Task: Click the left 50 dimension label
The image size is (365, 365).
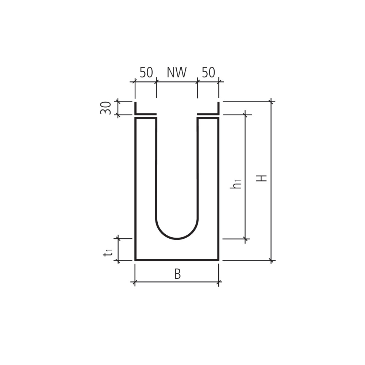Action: tap(146, 73)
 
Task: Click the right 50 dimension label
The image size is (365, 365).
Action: tap(208, 73)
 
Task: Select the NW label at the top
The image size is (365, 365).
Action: tap(177, 73)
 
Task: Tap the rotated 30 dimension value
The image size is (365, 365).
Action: tap(106, 108)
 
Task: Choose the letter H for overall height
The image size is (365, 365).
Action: tap(262, 178)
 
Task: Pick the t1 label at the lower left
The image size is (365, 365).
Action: tap(107, 252)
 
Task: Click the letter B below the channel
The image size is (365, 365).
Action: tap(177, 274)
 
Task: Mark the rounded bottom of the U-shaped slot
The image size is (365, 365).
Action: tap(177, 239)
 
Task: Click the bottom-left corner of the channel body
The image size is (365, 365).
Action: tap(135, 260)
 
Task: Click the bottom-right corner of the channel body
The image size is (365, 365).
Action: tap(218, 260)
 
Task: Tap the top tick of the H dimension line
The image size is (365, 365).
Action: tap(271, 101)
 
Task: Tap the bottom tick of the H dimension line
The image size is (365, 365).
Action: tap(271, 260)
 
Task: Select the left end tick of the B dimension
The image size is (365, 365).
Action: tap(135, 282)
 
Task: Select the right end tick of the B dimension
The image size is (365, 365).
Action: tap(219, 282)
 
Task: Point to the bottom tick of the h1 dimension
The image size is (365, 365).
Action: tap(245, 239)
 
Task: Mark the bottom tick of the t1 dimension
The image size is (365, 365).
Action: tap(118, 260)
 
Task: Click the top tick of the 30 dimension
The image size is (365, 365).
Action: tap(118, 101)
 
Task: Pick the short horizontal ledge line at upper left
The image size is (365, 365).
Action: tap(146, 114)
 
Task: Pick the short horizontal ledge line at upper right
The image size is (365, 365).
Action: tap(208, 114)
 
